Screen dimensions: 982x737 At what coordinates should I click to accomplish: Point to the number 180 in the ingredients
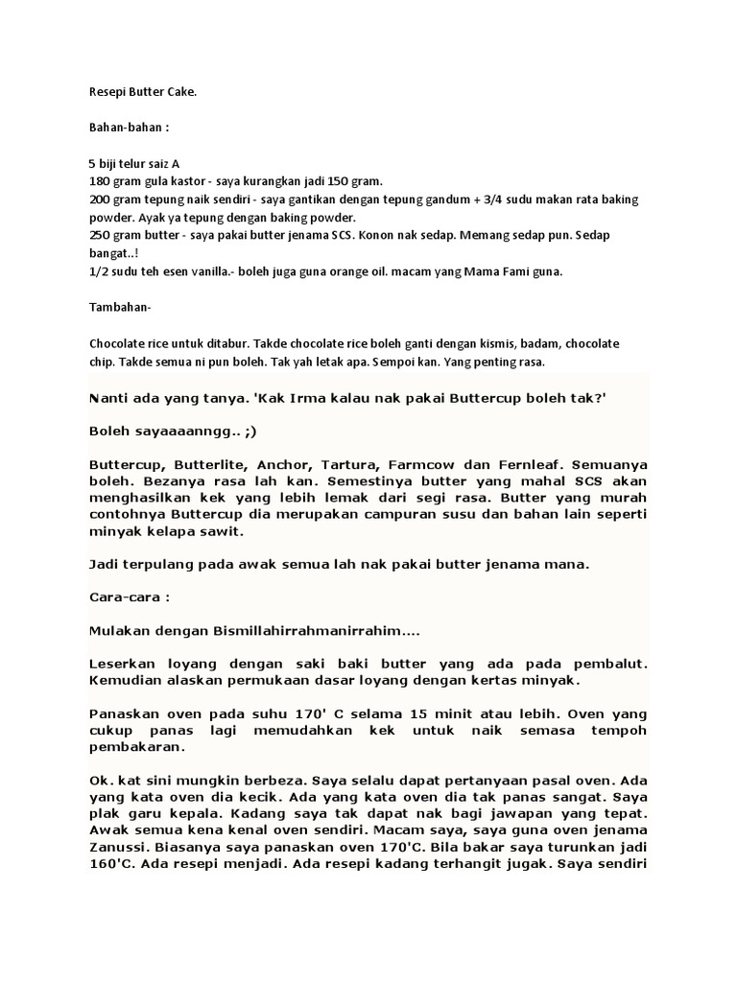pyautogui.click(x=100, y=181)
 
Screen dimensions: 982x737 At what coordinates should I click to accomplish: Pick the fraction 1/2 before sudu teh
pyautogui.click(x=100, y=272)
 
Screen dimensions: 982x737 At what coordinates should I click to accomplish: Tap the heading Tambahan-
pyautogui.click(x=120, y=309)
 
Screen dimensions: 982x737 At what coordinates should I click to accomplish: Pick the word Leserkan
pyautogui.click(x=122, y=664)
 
